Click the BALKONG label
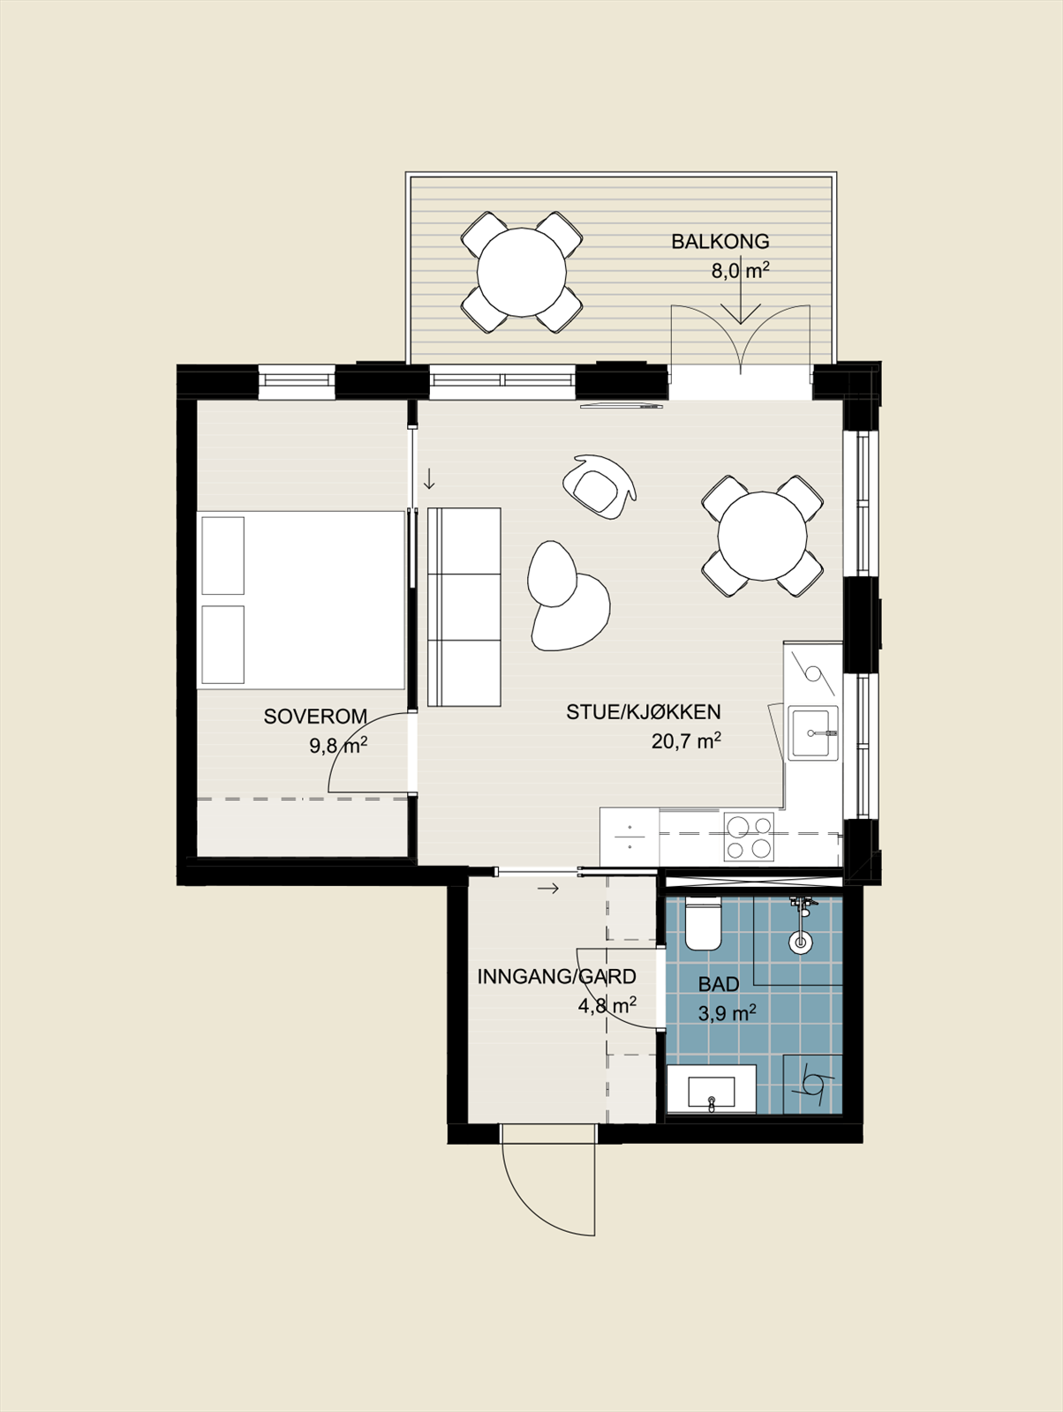pyautogui.click(x=720, y=242)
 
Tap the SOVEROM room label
pyautogui.click(x=315, y=717)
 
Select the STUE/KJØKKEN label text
pyautogui.click(x=644, y=712)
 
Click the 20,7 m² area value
pyautogui.click(x=686, y=741)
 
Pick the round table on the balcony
pyautogui.click(x=521, y=272)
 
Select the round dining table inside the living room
pyautogui.click(x=763, y=536)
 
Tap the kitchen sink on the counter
pyautogui.click(x=814, y=732)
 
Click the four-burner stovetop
pyautogui.click(x=749, y=837)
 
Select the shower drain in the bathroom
pyautogui.click(x=801, y=943)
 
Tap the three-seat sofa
pyautogui.click(x=464, y=607)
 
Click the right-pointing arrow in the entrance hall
pyautogui.click(x=547, y=889)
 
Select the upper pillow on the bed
pyautogui.click(x=222, y=555)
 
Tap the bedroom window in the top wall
pyautogui.click(x=298, y=379)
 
